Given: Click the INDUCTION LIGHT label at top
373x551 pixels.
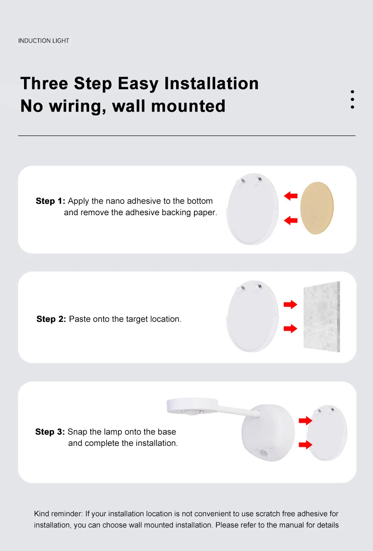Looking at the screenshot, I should coord(44,41).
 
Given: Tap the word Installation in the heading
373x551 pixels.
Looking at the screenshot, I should coord(211,83).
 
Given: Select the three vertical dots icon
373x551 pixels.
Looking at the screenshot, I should coord(352,100).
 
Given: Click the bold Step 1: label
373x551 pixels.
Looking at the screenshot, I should coord(50,201).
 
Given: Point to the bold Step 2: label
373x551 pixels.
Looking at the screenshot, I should coord(51,319).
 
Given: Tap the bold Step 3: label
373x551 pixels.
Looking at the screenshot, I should coord(50,432).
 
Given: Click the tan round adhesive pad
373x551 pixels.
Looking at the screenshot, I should coord(317,208).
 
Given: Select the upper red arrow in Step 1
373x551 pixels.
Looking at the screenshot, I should coord(291,196).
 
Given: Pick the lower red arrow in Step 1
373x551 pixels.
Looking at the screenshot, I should coord(291,220).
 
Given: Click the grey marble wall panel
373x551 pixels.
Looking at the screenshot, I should coord(322,317).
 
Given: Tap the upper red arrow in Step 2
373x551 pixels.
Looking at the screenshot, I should coord(291,305).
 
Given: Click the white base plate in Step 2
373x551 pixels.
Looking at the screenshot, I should coord(252,317).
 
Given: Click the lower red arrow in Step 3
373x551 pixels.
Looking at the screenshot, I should coord(305,445).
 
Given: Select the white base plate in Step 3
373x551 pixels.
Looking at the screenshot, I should coord(327,433).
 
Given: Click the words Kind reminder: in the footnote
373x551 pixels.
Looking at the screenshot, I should coord(58,514).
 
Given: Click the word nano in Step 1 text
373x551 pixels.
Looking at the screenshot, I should coord(115,201).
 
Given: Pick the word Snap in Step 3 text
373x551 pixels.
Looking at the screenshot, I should coord(77,432).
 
